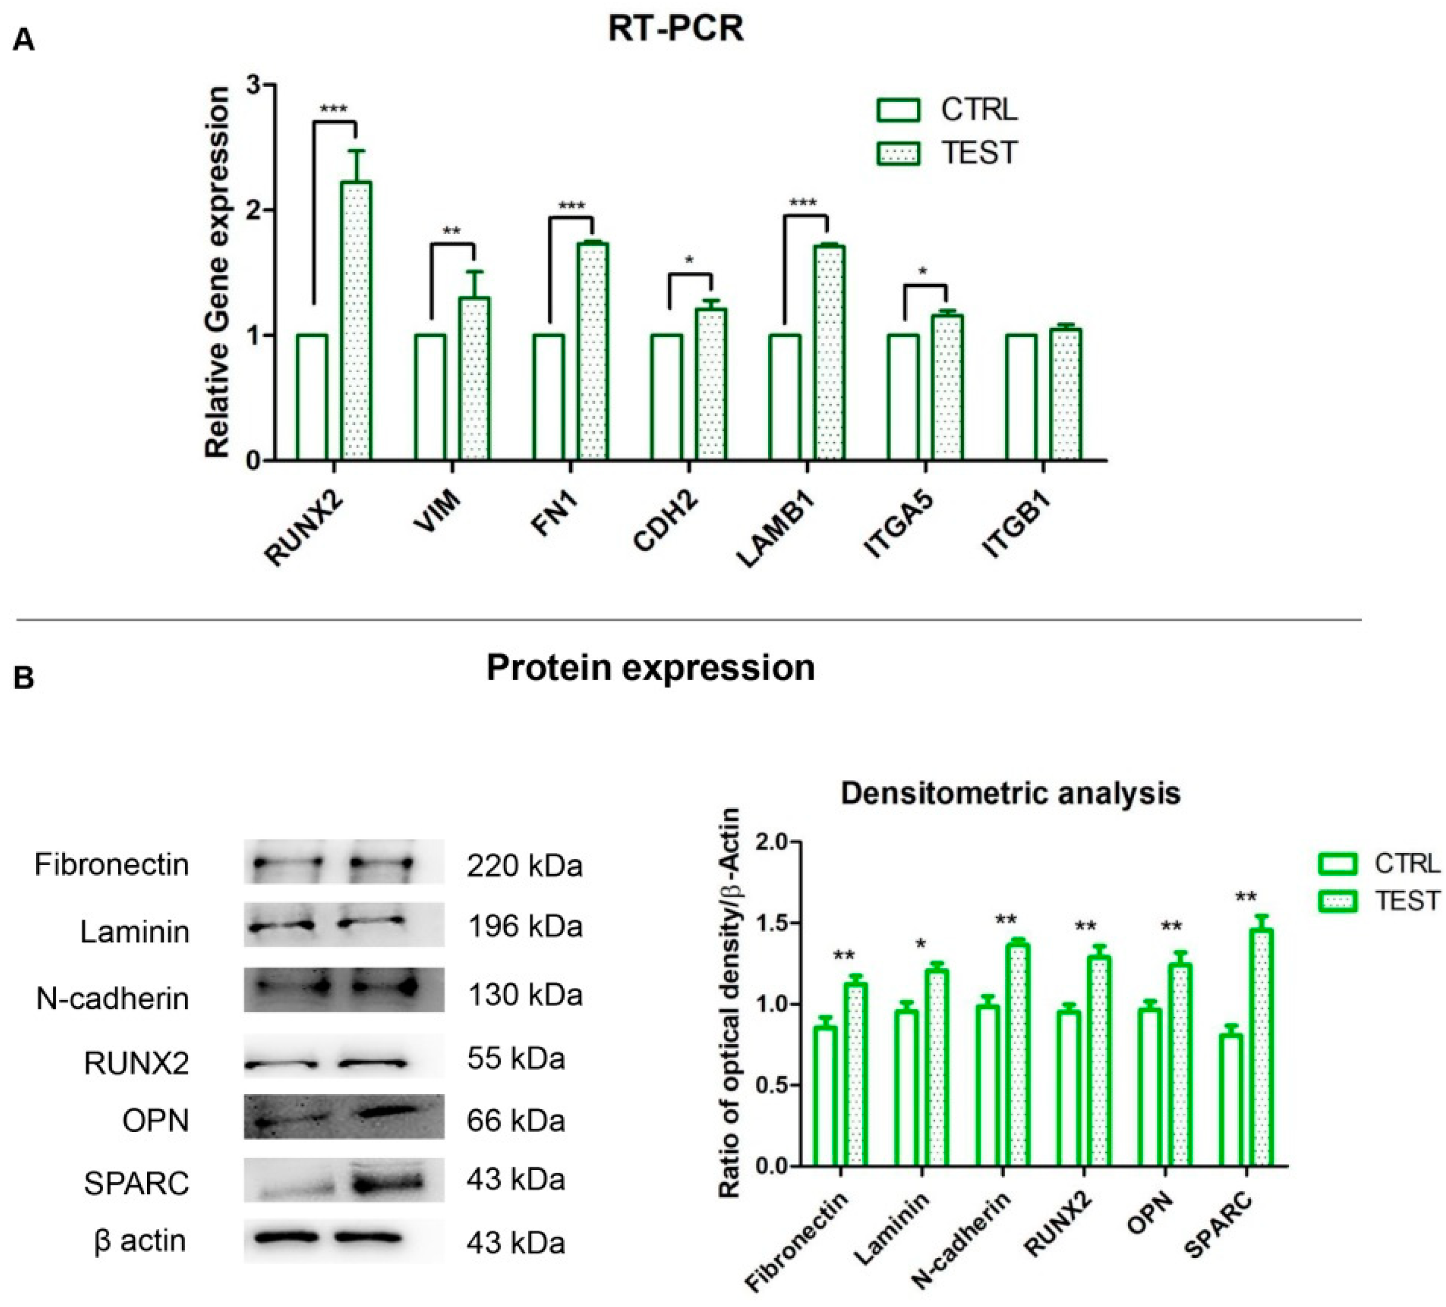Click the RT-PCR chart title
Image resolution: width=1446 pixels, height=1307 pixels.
(x=675, y=30)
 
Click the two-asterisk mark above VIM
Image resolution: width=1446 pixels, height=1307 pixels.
(x=452, y=232)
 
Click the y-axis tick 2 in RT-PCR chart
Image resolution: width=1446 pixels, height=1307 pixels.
(x=252, y=210)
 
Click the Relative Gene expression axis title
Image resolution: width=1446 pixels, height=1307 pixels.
(x=217, y=272)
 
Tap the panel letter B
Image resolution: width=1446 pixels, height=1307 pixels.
(x=23, y=677)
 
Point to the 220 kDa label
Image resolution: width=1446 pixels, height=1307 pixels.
(x=524, y=866)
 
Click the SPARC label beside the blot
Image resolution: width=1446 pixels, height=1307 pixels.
(x=136, y=1183)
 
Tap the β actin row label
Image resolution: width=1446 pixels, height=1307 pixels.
(x=140, y=1240)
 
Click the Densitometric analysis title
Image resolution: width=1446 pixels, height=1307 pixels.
(x=1010, y=793)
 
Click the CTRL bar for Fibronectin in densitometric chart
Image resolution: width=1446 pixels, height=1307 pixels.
(x=825, y=1095)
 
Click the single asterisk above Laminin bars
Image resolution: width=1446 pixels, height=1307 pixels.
(x=921, y=943)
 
